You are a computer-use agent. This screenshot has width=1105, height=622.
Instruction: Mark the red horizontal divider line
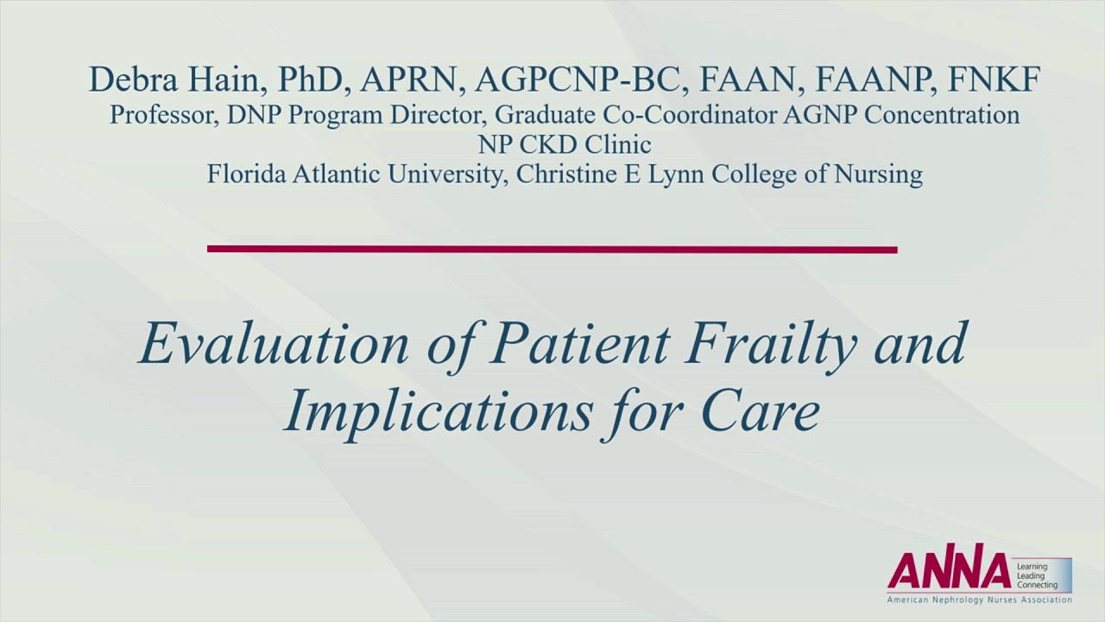(552, 250)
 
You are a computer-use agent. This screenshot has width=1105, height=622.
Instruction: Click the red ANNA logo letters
(948, 571)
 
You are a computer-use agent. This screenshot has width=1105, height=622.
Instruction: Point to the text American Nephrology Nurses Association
(979, 600)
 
